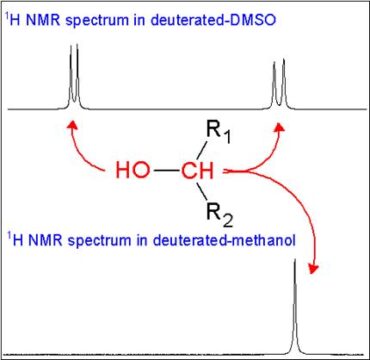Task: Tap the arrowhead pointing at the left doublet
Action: pyautogui.click(x=70, y=124)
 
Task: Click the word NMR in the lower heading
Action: pyautogui.click(x=44, y=239)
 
